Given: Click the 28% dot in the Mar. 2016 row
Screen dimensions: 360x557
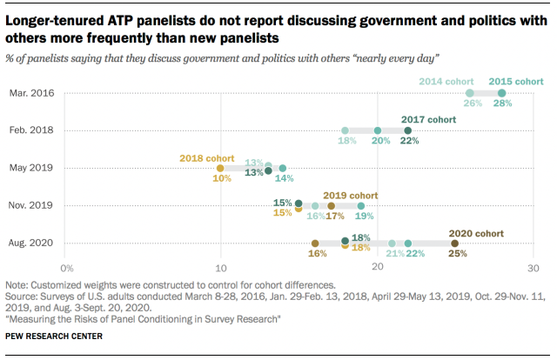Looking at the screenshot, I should point(501,93).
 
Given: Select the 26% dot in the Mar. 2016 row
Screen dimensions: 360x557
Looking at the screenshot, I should point(470,93).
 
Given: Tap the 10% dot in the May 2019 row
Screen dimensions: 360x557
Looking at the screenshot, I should point(220,168).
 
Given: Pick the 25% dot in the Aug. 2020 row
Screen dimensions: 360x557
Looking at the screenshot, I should point(454,243).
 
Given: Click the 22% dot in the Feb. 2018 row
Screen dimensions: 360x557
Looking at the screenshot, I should point(407,130).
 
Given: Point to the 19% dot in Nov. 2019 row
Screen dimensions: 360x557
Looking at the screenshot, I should point(360,205).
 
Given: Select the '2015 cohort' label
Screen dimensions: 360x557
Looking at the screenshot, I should point(515,81).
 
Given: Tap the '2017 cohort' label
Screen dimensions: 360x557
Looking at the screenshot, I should point(429,118).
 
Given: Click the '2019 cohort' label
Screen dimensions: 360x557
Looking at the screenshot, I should point(351,195).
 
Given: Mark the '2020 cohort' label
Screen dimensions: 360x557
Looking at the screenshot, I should point(476,232).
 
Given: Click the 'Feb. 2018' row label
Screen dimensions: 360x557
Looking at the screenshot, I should point(31,130).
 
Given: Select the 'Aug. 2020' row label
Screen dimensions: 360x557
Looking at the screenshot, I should point(31,243).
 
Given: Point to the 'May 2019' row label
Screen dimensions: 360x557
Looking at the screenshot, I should point(31,168).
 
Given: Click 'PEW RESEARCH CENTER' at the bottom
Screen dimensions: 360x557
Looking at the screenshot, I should point(54,336).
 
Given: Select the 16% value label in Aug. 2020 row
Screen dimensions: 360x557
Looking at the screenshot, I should point(318,254).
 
